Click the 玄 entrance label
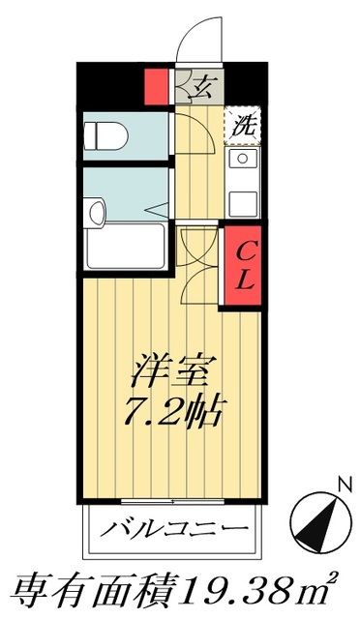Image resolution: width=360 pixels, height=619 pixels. pyautogui.click(x=203, y=88)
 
